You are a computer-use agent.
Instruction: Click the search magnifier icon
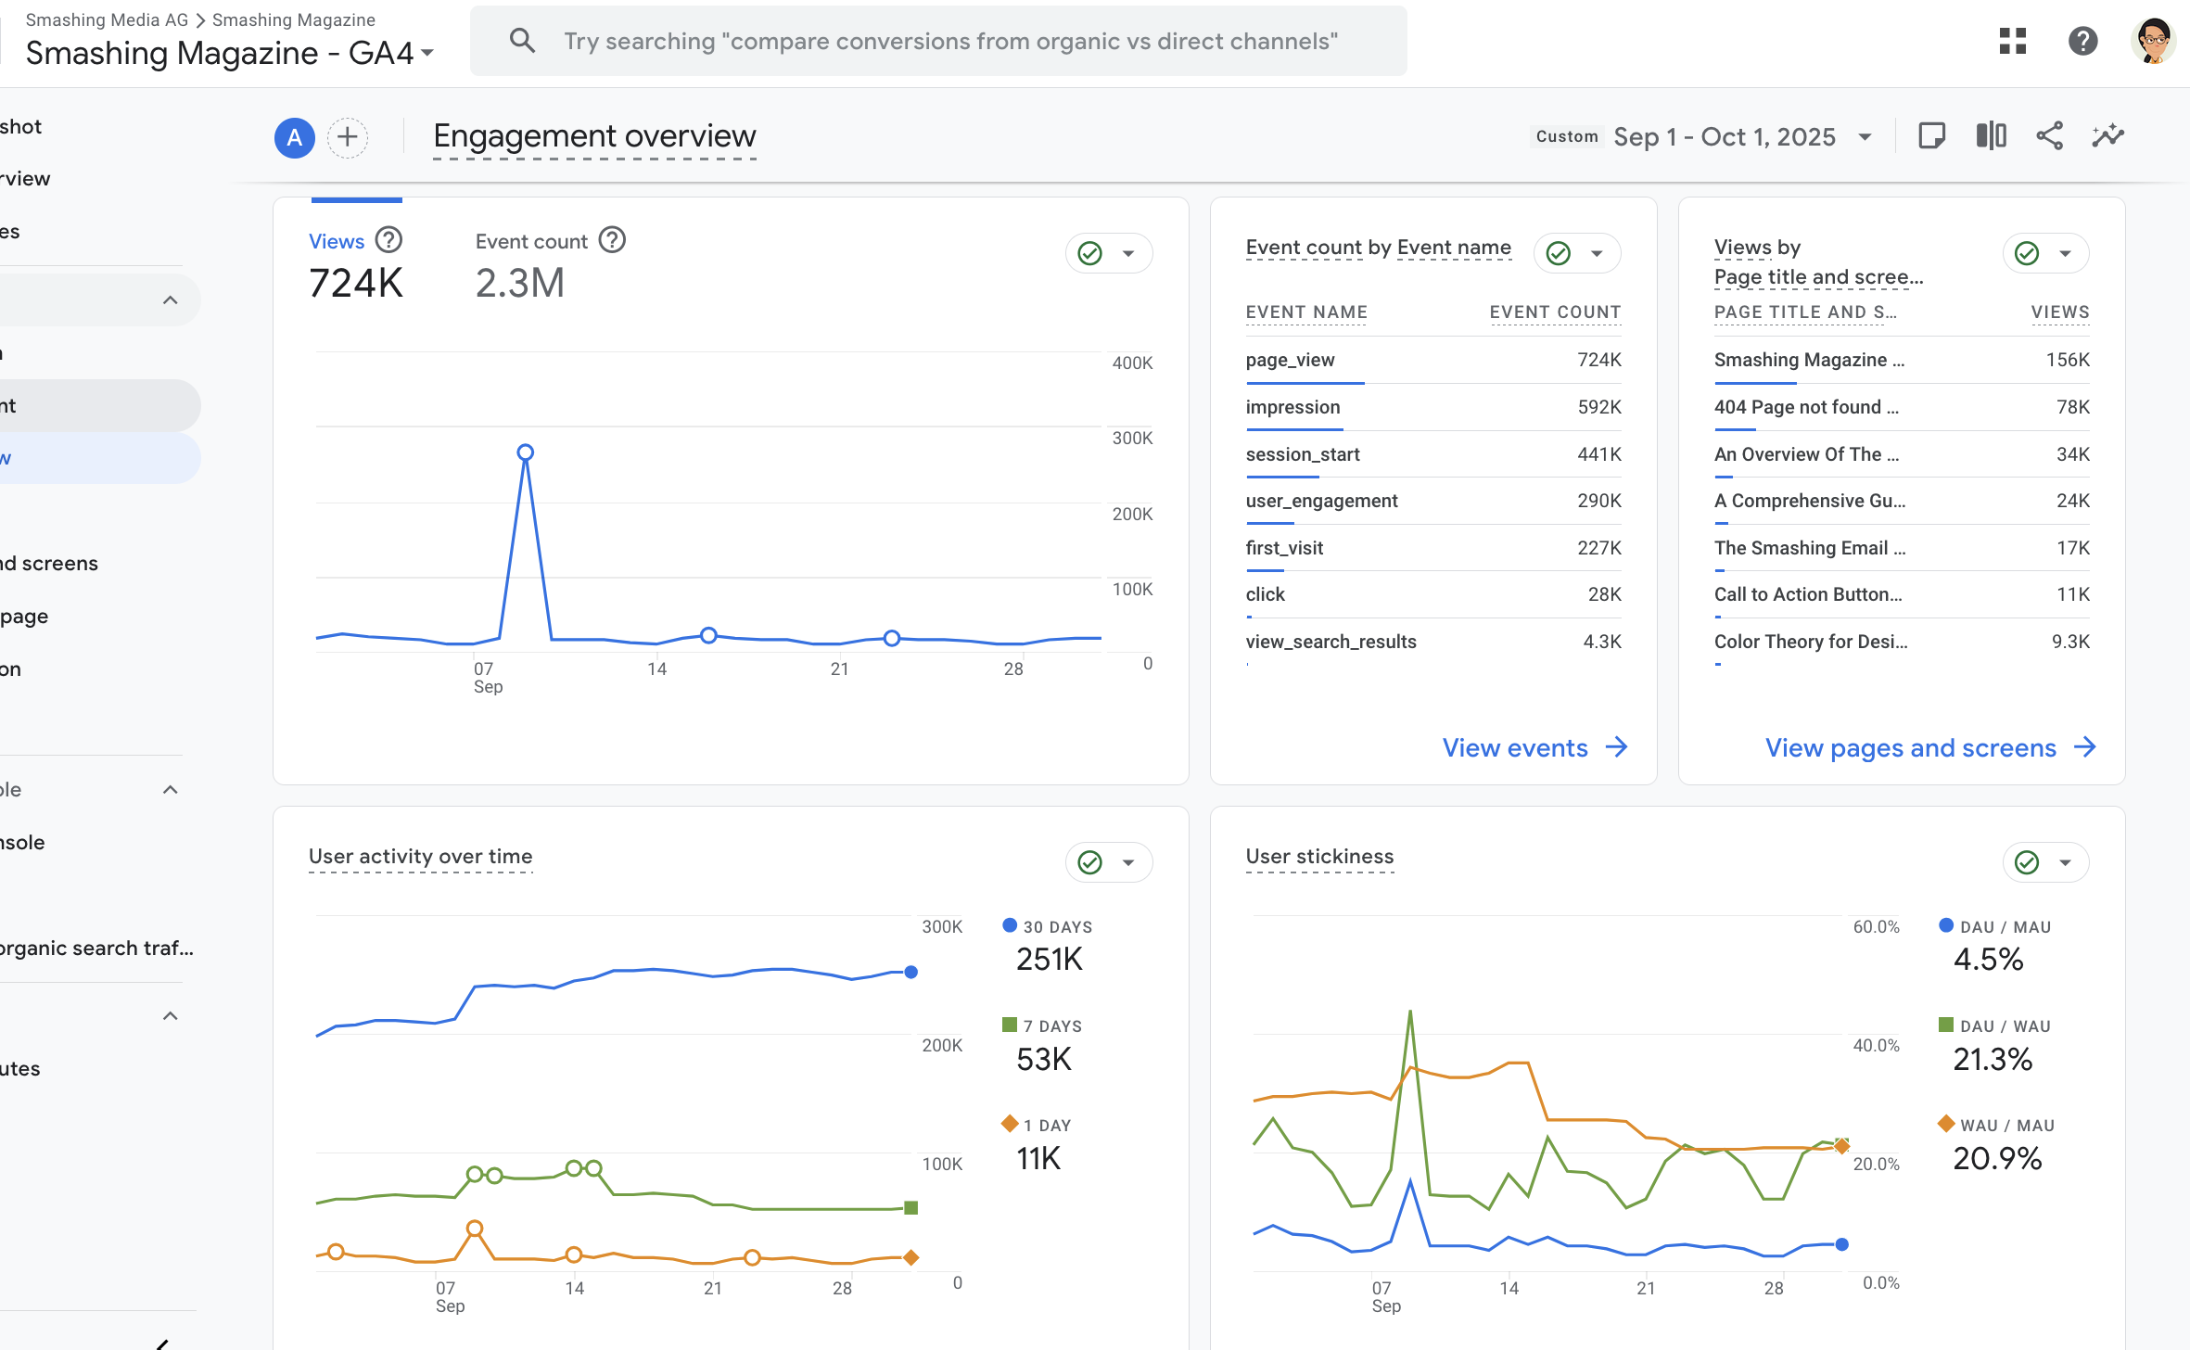coord(522,41)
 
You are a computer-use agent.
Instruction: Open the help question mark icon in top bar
coord(2082,41)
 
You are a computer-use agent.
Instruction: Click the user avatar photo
coord(2154,41)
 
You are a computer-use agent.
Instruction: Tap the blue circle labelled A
coord(294,138)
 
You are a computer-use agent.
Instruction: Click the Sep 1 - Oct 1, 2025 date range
coord(1724,137)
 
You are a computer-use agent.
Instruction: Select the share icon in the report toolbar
coord(2049,136)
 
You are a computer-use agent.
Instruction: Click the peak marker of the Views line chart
coord(526,452)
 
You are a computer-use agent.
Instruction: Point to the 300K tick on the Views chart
coord(1132,438)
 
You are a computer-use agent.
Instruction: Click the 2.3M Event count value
coord(519,284)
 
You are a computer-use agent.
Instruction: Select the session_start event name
coord(1302,454)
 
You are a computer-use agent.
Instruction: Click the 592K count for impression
coord(1598,407)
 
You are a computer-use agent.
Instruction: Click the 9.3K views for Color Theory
coord(2069,642)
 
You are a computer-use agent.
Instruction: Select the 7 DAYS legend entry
coord(1051,1026)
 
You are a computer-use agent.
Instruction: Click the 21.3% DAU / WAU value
coord(1992,1059)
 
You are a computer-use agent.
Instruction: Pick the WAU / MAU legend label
coord(2006,1126)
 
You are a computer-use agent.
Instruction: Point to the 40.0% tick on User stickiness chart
coord(1876,1046)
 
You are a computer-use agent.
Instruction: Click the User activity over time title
coord(420,857)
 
